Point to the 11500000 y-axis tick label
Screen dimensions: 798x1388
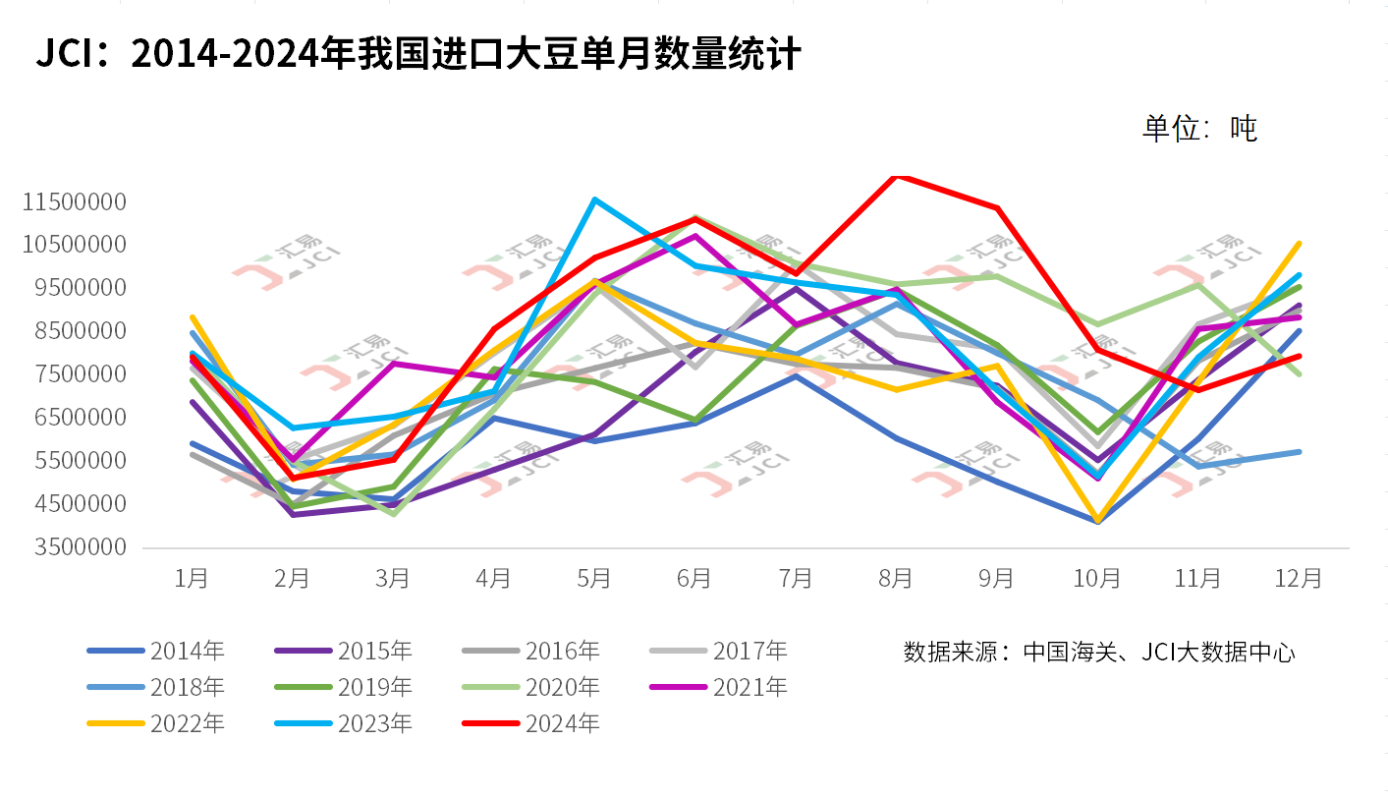tap(76, 202)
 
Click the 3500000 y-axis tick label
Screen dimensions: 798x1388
tap(81, 546)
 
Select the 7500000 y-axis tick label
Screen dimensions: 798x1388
tap(81, 374)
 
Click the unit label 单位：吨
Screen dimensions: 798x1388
tap(1198, 129)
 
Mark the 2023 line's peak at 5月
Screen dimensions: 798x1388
tap(594, 199)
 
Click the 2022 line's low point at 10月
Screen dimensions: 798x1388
tap(1097, 521)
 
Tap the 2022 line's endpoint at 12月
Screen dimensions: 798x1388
tap(1299, 243)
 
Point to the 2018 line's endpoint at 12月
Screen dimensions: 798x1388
tap(1299, 452)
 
